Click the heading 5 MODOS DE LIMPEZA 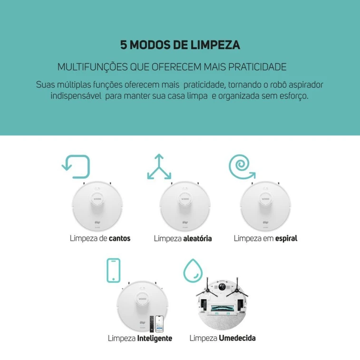(x=180, y=45)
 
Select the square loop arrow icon (x=76, y=166)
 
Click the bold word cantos (x=119, y=238)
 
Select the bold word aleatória (x=197, y=238)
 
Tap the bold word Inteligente (x=155, y=339)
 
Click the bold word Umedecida (x=237, y=338)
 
